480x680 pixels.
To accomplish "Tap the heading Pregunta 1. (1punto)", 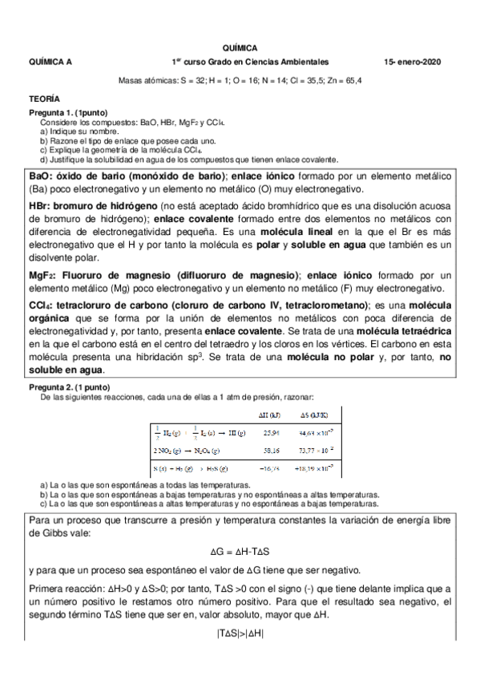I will [x=68, y=111].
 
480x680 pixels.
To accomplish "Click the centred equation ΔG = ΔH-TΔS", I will [x=240, y=552].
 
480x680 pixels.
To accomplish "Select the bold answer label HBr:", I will [x=41, y=206].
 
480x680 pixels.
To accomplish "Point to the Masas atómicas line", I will [x=240, y=80].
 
